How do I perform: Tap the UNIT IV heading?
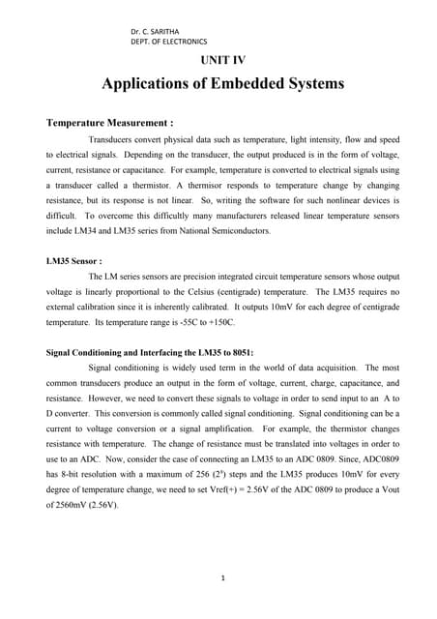(x=222, y=61)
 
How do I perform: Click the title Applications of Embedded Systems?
(x=222, y=84)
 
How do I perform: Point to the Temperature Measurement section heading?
(x=110, y=124)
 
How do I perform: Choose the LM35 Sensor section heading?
(x=74, y=261)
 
